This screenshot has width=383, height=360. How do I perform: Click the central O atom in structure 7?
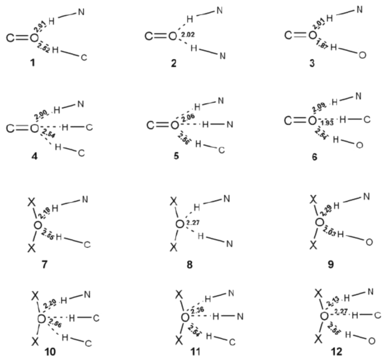coord(37,225)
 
